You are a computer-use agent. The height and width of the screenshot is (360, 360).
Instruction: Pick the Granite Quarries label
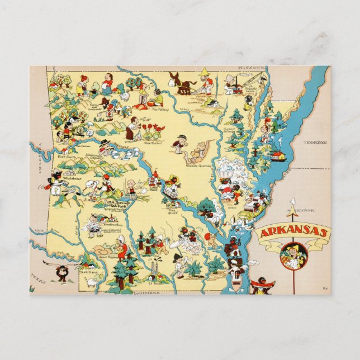tap(198, 165)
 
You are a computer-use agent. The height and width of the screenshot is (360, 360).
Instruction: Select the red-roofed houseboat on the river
tap(277, 155)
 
